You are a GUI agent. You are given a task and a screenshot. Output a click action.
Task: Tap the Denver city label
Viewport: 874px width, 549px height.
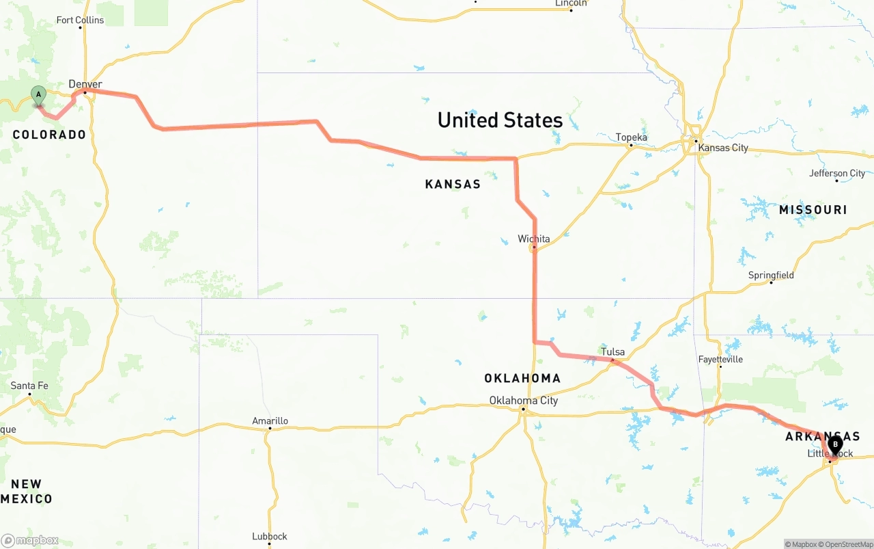[85, 84]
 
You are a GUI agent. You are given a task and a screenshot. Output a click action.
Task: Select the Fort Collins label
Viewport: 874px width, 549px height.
[80, 20]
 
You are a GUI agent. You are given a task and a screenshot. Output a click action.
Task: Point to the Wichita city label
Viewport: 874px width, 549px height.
[533, 239]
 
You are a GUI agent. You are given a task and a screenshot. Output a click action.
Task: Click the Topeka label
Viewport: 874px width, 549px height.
[631, 137]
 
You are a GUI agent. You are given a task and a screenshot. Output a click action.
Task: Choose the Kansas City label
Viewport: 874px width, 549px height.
[724, 148]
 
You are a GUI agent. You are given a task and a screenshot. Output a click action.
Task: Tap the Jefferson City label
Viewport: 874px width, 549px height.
[837, 174]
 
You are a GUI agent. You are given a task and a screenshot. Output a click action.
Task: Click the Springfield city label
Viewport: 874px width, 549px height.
[771, 275]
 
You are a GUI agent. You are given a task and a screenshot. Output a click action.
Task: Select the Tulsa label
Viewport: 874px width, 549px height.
[612, 352]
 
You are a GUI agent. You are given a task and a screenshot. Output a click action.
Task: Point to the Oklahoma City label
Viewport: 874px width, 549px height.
[523, 401]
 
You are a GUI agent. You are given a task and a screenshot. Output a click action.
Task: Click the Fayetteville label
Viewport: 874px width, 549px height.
[720, 359]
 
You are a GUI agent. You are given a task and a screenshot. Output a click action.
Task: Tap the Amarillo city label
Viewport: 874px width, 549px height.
[270, 421]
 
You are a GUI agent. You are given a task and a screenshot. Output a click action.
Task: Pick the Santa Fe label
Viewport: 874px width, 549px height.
[29, 386]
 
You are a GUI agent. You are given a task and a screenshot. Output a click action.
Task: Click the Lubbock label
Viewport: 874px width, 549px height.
[269, 536]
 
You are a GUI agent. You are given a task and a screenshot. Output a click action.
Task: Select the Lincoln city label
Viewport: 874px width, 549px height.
[571, 3]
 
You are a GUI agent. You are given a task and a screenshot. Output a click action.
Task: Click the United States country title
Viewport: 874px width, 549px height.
[500, 120]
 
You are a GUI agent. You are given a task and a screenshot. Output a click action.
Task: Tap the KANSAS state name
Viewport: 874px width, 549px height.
[453, 184]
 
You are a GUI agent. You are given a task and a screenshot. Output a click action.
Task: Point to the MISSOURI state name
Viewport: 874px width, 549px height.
[813, 210]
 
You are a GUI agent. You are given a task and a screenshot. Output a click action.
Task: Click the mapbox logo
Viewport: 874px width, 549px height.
[30, 540]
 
